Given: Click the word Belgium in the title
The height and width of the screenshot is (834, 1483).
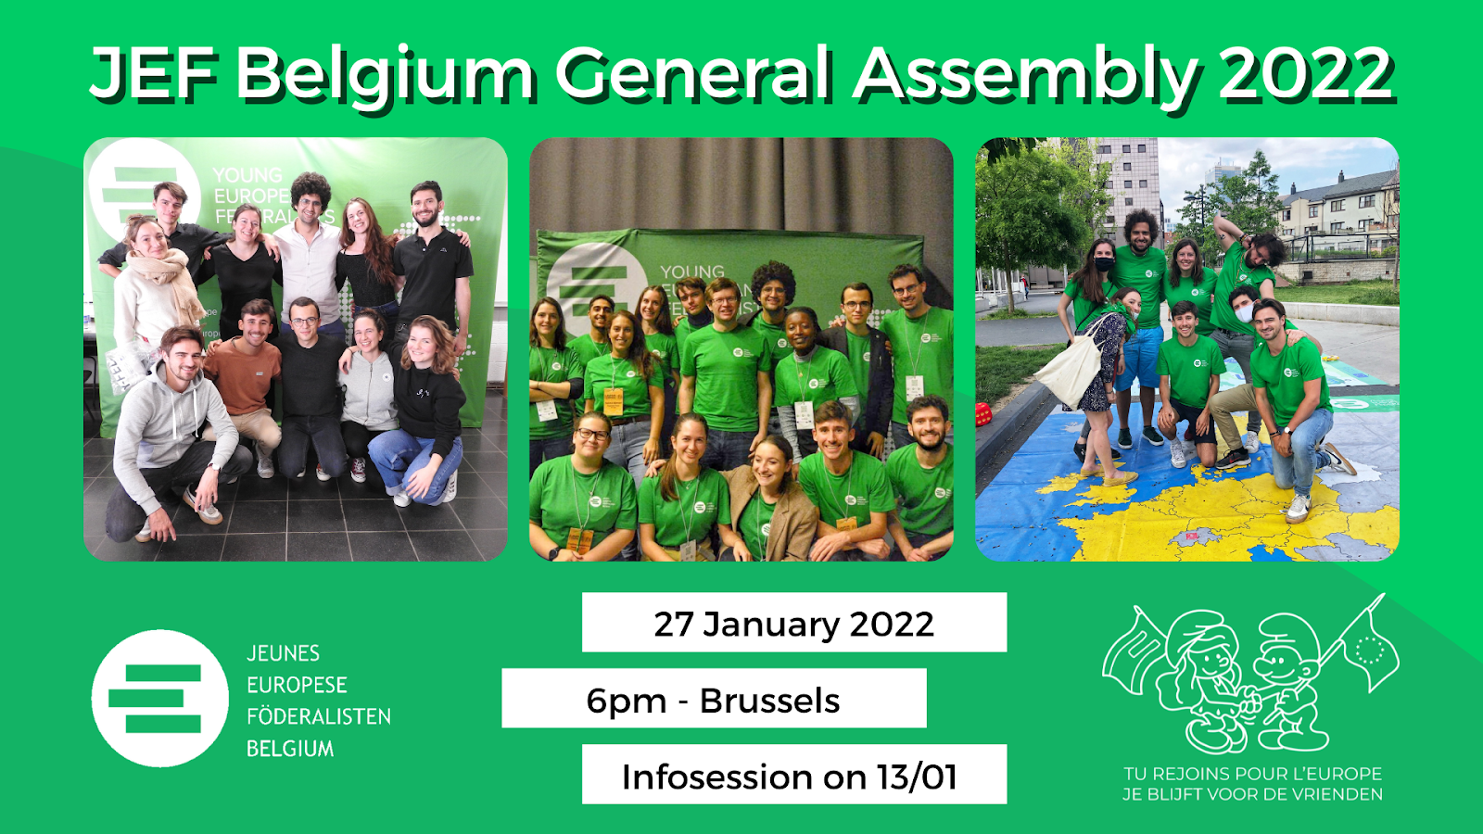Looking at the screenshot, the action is click(385, 74).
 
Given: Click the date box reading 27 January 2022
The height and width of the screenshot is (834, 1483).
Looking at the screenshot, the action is click(794, 622).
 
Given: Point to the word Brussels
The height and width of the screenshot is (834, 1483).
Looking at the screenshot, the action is click(769, 701).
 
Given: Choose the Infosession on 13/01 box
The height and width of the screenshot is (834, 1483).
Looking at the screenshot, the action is click(794, 775).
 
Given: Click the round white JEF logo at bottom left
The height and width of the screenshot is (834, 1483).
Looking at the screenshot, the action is click(159, 699).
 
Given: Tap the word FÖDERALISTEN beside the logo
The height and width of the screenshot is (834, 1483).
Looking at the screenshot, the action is click(319, 716).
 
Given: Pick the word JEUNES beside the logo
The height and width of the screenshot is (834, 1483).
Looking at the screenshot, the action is click(283, 653).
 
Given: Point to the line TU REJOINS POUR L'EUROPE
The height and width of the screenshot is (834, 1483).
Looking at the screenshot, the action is click(1252, 774).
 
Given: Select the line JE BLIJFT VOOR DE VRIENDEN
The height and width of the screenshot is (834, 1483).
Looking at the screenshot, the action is click(1252, 794).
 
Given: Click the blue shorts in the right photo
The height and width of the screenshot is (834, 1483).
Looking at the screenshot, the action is click(1140, 358).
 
